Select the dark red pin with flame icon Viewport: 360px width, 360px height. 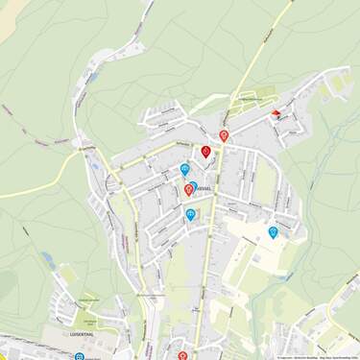205,152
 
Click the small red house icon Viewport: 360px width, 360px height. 276,114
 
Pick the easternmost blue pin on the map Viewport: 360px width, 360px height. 274,231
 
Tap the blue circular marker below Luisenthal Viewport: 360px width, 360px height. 79,356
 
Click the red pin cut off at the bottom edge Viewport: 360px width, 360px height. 182,355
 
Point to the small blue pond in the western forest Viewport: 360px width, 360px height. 47,258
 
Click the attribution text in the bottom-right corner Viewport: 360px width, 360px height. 317,357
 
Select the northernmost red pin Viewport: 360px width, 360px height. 224,135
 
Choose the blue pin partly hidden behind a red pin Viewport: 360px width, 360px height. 194,185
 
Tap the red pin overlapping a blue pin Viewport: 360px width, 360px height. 188,190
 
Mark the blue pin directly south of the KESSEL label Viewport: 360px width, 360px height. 190,214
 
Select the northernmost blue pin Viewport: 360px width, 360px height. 184,169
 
